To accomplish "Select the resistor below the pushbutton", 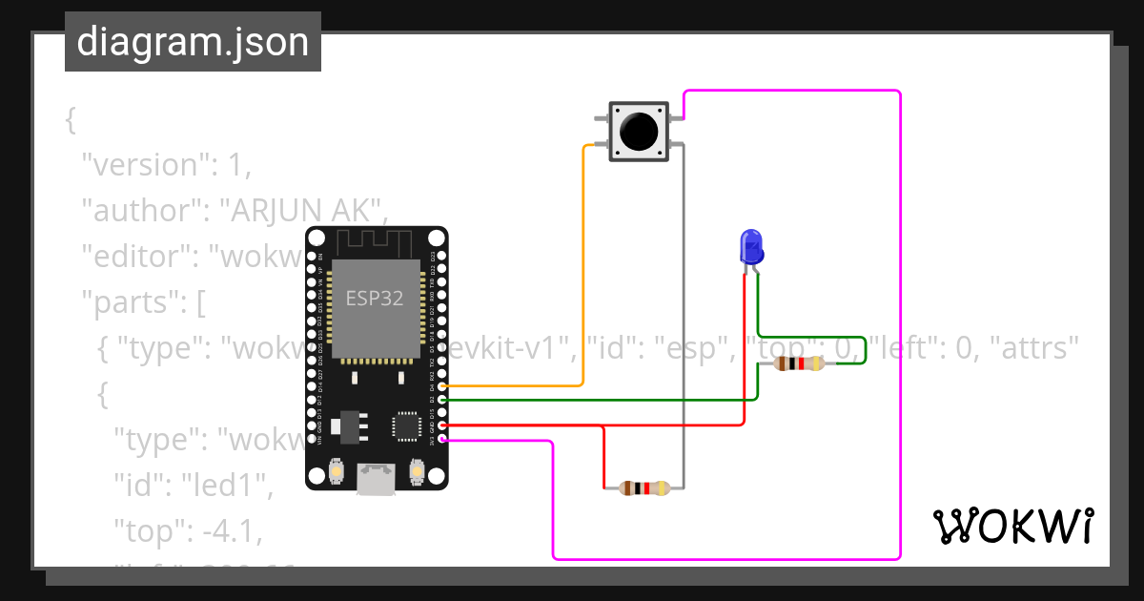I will [x=645, y=488].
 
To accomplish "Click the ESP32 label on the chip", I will [x=374, y=298].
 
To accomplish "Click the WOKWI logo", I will [x=1012, y=526].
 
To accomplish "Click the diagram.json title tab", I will [x=193, y=42].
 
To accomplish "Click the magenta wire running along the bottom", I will [x=725, y=559].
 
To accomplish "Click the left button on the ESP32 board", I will [x=336, y=470].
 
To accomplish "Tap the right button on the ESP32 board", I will [x=417, y=470].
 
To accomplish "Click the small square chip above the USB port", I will [x=407, y=426].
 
